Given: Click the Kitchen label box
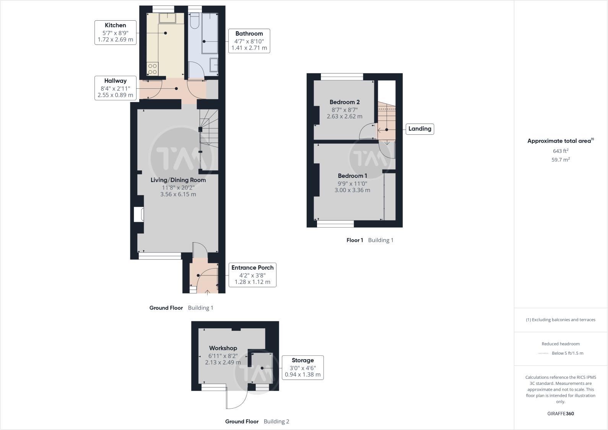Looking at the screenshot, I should pos(115,33).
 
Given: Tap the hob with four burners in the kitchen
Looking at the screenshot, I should pos(152,69).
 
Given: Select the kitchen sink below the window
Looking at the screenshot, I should pos(167,18).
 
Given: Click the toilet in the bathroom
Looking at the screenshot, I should pos(194,21).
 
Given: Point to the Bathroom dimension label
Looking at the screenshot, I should pos(249,41).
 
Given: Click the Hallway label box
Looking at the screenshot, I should pos(115,88).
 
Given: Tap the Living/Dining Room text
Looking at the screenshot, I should pos(178,180).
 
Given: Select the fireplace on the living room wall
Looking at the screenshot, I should pos(138,214).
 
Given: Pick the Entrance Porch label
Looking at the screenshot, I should pos(252,275).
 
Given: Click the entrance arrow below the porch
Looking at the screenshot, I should pos(208,293).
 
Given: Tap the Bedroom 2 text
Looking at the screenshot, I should pos(344,102).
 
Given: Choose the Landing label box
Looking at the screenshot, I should pos(419,129).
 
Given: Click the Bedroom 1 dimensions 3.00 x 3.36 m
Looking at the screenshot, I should pos(352,190).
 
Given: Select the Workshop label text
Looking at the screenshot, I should pos(223,348).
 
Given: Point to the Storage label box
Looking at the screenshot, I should pos(302,367).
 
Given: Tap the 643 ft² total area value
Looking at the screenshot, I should pos(560,151).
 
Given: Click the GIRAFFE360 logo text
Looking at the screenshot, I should pos(560,414).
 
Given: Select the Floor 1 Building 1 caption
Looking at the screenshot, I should pos(369,240).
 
